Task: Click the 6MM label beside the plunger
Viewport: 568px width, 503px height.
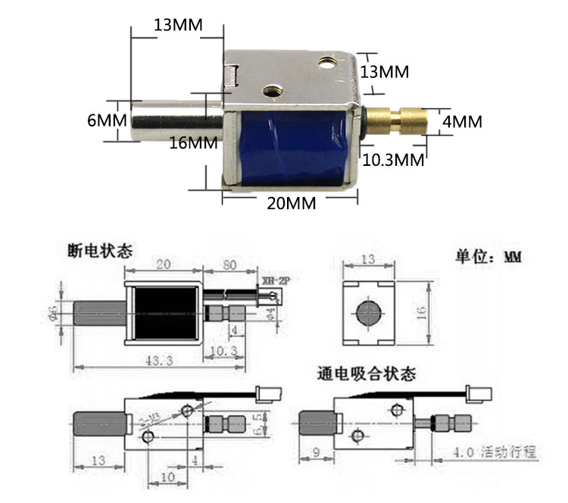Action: [101, 120]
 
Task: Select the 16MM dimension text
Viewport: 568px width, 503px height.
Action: [192, 142]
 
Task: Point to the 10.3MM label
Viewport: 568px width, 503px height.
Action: [392, 160]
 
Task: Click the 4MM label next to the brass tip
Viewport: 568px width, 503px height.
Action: [462, 121]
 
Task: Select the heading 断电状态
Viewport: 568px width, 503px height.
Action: [99, 250]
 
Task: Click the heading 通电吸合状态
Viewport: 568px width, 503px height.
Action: [367, 373]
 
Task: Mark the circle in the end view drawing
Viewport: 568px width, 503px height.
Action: [367, 313]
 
